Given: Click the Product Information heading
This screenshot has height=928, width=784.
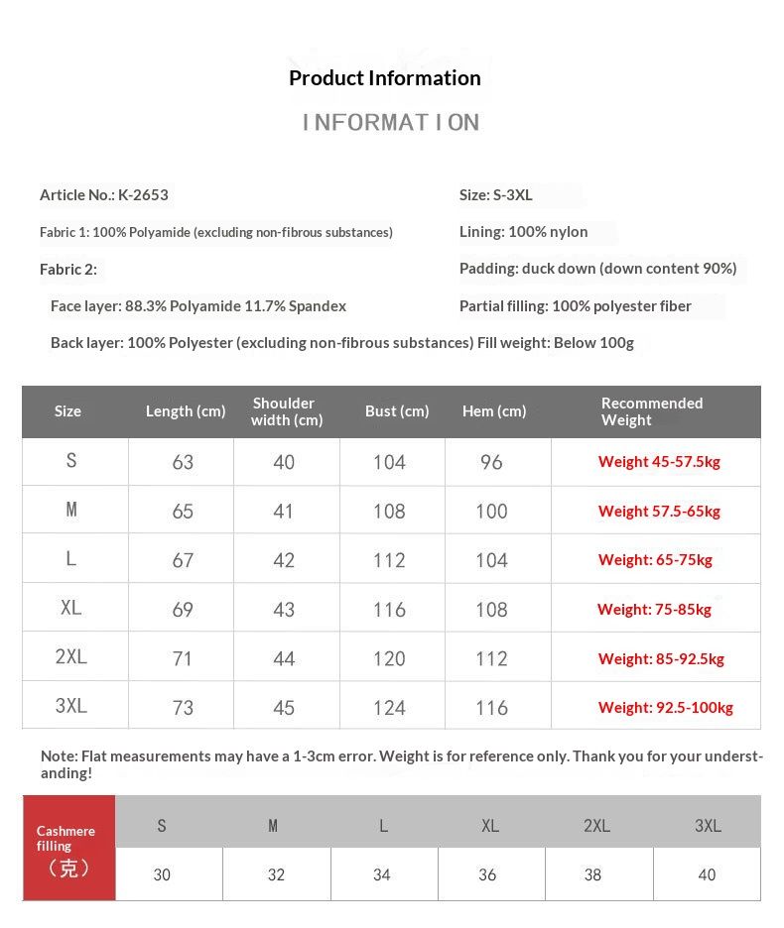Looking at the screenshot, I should tap(384, 78).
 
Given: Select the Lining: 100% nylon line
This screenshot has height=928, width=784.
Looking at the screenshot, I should tap(523, 232).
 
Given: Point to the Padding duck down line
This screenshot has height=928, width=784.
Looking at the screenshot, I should tap(597, 269).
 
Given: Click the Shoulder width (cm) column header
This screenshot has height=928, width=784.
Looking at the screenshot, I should tap(286, 411).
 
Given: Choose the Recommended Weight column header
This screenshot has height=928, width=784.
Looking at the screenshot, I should tap(651, 411).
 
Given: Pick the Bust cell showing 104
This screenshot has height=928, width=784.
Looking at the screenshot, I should tap(389, 462).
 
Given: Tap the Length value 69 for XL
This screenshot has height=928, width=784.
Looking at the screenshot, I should tap(183, 610).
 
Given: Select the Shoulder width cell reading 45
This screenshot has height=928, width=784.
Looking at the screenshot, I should tap(284, 708).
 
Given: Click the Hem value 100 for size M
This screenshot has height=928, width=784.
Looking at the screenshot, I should tap(491, 512).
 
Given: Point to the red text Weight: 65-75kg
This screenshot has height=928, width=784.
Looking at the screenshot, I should tap(655, 560).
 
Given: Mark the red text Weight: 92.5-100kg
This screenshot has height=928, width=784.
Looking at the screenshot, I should tap(665, 708).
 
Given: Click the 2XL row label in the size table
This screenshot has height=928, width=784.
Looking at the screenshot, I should tap(71, 657).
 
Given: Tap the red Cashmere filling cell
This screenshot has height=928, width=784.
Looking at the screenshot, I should tap(68, 849).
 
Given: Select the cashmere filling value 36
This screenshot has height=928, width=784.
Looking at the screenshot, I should tap(487, 874).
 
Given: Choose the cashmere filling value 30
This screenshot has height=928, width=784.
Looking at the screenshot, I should tap(162, 874).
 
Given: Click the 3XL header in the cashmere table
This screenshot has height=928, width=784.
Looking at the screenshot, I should tap(708, 826).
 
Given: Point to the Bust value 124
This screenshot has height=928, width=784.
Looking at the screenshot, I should tap(389, 708).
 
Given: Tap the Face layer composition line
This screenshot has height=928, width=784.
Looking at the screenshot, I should tap(198, 306).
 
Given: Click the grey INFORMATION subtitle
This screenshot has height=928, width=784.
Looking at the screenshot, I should tap(391, 123).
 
